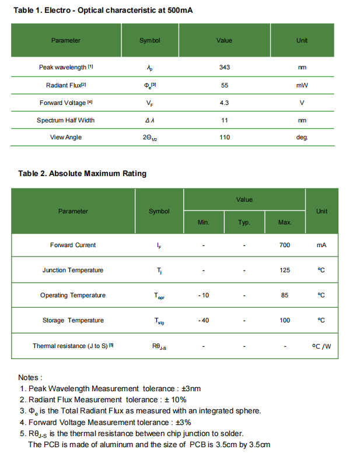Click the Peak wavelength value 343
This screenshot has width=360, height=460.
coord(224,67)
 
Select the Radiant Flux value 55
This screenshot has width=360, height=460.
coord(224,85)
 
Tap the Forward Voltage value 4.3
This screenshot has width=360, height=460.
coord(224,103)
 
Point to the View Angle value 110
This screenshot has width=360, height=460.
coord(224,137)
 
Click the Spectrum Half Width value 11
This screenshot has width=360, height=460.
coord(224,120)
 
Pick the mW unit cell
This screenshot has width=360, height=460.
coord(302,85)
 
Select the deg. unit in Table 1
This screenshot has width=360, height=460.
coord(302,137)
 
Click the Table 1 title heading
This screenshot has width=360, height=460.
coord(103,10)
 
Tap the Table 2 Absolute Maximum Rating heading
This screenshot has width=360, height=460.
coord(82,173)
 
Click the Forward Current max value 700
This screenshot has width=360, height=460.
coord(285,245)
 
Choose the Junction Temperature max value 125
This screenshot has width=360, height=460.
coord(285,270)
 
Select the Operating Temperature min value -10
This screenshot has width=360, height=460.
coord(203,295)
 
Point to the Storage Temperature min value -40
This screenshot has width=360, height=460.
coord(203,320)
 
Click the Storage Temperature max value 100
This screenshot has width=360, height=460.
coord(285,320)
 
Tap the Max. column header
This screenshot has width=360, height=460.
coord(285,223)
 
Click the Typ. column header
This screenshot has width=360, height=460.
coord(244,223)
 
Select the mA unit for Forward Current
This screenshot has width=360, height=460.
coord(321,245)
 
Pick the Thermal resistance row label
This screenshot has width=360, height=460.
coord(73,346)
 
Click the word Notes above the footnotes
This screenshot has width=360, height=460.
coord(30,377)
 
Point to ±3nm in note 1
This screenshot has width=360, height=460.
coord(191,388)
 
